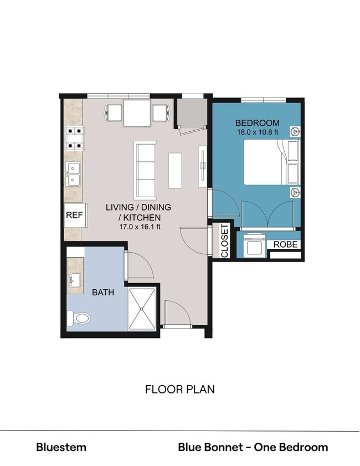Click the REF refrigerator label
pyautogui.click(x=74, y=216)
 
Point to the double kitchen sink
pyautogui.click(x=74, y=174)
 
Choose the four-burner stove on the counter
pyautogui.click(x=75, y=139)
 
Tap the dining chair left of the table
pyautogui.click(x=113, y=112)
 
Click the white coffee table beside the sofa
pyautogui.click(x=176, y=170)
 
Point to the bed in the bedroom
pyautogui.click(x=270, y=161)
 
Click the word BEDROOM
pyautogui.click(x=257, y=123)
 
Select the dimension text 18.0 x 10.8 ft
pyautogui.click(x=257, y=132)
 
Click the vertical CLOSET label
pyautogui.click(x=224, y=240)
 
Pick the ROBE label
pyautogui.click(x=286, y=244)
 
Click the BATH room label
pyautogui.click(x=103, y=292)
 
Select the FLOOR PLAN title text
pyautogui.click(x=179, y=390)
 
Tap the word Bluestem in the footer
pyautogui.click(x=61, y=447)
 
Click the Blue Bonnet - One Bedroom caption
pyautogui.click(x=253, y=447)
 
